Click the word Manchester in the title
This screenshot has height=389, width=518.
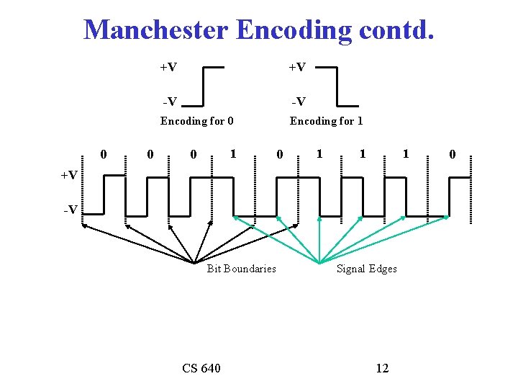tap(155, 30)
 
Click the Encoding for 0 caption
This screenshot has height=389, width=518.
tap(196, 121)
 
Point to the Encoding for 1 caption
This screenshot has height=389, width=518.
tap(326, 121)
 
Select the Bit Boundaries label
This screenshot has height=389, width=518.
tap(241, 269)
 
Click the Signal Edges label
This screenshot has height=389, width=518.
tap(367, 269)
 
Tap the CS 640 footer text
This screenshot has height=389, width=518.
tap(201, 369)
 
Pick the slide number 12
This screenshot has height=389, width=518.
tap(382, 369)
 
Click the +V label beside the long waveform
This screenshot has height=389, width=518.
tap(70, 175)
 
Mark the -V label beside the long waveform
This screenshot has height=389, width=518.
tap(70, 210)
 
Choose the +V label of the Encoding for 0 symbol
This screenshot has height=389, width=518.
tap(168, 67)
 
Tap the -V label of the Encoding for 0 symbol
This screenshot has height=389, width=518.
tap(169, 101)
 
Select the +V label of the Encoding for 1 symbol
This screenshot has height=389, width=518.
tap(297, 67)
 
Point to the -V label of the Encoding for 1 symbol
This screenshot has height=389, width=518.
tap(298, 101)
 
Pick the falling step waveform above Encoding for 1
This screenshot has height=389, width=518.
tap(337, 85)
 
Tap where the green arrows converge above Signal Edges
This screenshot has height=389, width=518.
tap(319, 261)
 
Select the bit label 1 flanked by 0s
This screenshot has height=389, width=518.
tap(232, 153)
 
